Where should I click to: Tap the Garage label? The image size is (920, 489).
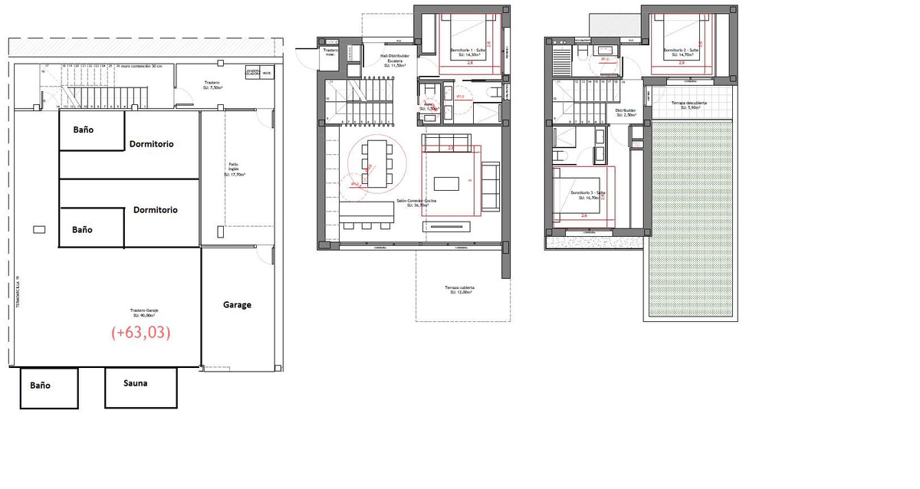tap(237, 304)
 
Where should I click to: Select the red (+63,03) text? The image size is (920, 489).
tap(140, 333)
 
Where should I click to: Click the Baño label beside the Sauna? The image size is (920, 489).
tap(40, 385)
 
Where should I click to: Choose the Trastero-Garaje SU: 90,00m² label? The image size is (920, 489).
tap(145, 313)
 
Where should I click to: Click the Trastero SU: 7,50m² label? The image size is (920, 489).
tap(212, 85)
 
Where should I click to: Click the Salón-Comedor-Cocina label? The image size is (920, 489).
tap(416, 203)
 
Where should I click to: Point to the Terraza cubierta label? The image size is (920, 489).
tap(461, 290)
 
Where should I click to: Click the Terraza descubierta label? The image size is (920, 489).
tap(689, 105)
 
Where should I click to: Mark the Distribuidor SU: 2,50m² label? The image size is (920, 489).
tap(625, 113)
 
